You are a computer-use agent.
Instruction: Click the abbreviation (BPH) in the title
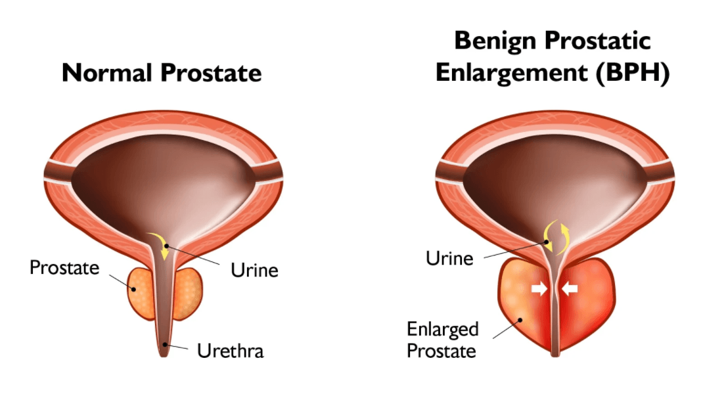[x=631, y=74]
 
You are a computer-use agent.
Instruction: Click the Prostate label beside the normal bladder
[x=64, y=268]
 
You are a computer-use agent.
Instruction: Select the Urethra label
[x=230, y=351]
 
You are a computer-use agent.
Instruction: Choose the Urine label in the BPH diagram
[x=449, y=258]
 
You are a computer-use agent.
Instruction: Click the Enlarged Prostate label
[x=442, y=339]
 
